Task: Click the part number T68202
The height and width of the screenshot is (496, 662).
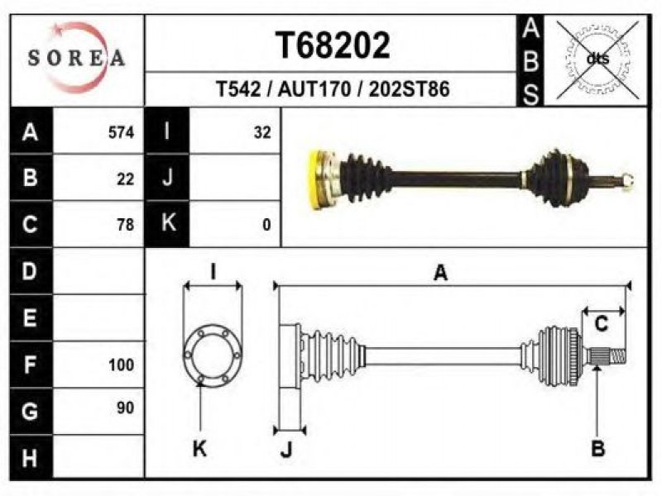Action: tap(333, 45)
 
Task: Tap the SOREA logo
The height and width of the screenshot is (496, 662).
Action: tap(77, 58)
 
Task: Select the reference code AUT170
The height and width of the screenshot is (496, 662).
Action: tap(314, 89)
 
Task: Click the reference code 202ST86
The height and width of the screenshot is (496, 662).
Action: tap(409, 89)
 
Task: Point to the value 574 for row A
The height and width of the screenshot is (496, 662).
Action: tap(121, 133)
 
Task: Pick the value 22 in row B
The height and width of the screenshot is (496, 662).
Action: tap(126, 179)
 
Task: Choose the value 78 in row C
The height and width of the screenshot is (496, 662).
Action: tap(126, 225)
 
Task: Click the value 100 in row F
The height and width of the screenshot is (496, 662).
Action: tap(121, 365)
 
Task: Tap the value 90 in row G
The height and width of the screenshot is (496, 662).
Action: tap(126, 408)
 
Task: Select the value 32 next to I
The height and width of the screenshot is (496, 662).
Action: tap(262, 133)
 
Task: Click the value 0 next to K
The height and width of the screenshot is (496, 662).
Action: tap(266, 225)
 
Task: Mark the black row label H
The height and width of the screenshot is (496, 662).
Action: tap(31, 458)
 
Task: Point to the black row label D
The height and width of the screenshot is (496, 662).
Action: tap(31, 271)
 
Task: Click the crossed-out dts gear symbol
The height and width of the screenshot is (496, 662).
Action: tap(597, 60)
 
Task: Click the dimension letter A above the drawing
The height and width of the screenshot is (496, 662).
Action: tap(440, 273)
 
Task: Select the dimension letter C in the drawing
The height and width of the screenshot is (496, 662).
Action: tap(602, 324)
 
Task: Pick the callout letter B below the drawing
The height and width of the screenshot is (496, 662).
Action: tap(597, 448)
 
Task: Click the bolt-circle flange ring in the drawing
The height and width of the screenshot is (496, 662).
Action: tap(213, 355)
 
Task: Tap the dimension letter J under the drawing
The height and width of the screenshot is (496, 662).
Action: tap(286, 450)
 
